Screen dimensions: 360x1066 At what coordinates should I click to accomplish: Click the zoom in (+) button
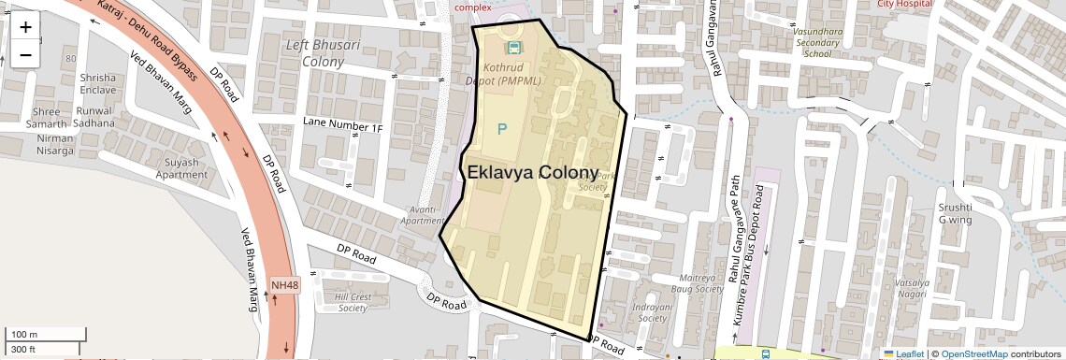tap(25, 27)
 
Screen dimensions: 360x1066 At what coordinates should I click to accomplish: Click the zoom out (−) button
tap(25, 53)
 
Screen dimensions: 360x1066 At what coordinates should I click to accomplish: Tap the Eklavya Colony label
tap(532, 173)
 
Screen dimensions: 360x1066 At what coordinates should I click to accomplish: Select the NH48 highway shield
tap(285, 284)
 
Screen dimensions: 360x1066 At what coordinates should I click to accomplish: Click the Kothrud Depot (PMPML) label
tap(513, 74)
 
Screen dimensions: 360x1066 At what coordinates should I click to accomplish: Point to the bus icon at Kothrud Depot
tap(513, 47)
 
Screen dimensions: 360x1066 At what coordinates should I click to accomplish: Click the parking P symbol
tap(502, 129)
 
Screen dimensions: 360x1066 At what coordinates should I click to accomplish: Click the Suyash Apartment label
tap(181, 168)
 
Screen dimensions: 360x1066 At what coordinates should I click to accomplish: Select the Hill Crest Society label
tap(353, 302)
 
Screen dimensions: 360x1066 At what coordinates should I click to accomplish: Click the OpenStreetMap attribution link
tap(973, 354)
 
